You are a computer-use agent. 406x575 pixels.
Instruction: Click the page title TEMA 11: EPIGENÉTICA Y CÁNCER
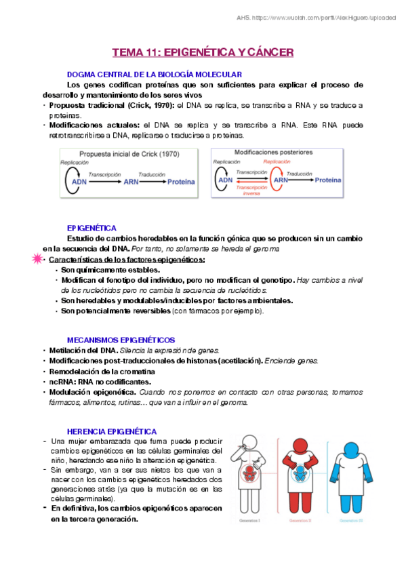click(202, 52)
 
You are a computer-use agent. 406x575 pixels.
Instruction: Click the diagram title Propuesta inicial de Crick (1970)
click(129, 154)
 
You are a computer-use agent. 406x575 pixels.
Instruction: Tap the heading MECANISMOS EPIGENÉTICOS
click(121, 339)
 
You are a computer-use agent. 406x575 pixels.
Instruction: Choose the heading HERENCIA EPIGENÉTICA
click(112, 431)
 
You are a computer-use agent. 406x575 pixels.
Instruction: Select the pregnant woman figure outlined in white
click(250, 475)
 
